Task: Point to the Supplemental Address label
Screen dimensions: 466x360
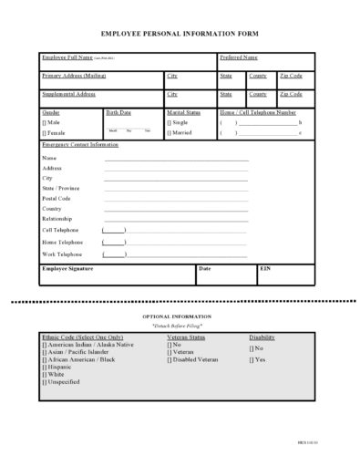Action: [x=68, y=94]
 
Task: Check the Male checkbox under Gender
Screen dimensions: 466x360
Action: [x=45, y=121]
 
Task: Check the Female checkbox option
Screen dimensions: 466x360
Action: [x=45, y=132]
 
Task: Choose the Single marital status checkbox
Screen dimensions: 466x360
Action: [x=169, y=121]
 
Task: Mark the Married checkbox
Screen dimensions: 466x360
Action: [x=169, y=132]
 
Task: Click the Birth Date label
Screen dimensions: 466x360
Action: [x=118, y=111]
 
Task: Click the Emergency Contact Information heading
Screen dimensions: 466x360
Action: [x=80, y=145]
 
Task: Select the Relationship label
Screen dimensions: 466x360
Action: [x=58, y=219]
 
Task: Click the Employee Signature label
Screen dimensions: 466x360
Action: [x=68, y=269]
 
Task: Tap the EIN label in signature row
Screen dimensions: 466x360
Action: [x=265, y=269]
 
